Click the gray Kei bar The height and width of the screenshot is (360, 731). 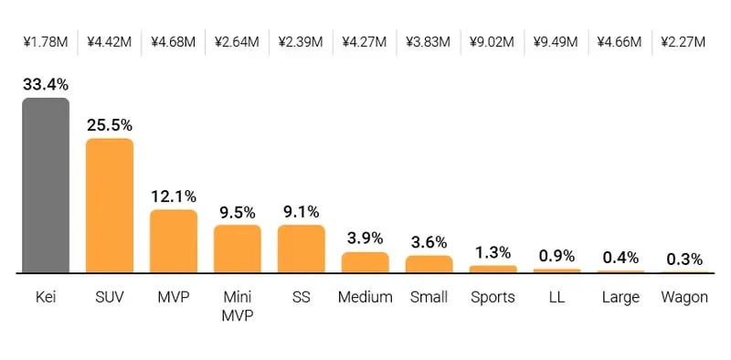tap(46, 185)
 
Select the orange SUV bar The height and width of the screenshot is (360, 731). tap(110, 206)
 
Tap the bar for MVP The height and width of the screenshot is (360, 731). tap(174, 241)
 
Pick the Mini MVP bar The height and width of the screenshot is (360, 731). tap(238, 249)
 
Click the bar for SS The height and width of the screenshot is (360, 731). tap(302, 249)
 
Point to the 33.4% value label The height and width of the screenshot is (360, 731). tap(46, 85)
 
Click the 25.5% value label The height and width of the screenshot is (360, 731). tap(110, 125)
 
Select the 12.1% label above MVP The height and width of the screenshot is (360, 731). tap(174, 196)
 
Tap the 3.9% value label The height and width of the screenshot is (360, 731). tap(365, 238)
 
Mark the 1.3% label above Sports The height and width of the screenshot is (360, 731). tap(493, 252)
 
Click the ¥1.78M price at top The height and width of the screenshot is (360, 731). tap(46, 41)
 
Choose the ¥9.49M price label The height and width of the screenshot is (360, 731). tap(556, 41)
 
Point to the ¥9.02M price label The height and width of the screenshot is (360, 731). tap(493, 41)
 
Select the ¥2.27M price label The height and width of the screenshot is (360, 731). tap(684, 41)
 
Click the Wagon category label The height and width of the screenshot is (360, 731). tap(684, 297)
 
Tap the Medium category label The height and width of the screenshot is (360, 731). tap(365, 297)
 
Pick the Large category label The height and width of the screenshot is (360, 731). tap(621, 297)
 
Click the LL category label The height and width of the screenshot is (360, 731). tap(557, 297)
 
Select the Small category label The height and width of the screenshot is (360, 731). tap(429, 297)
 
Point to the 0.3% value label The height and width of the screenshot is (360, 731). tap(684, 259)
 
